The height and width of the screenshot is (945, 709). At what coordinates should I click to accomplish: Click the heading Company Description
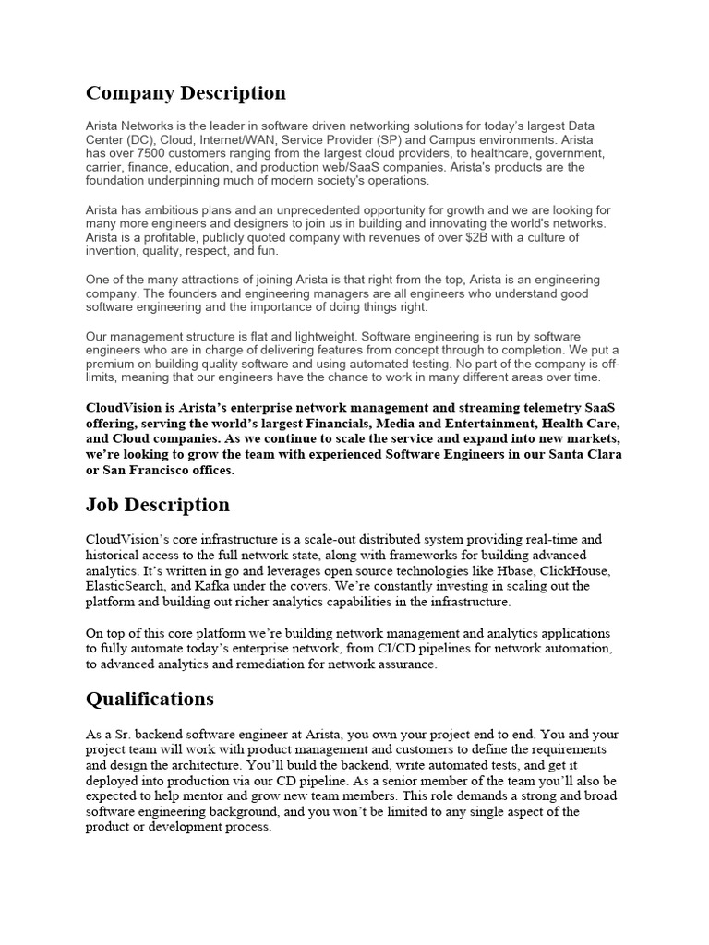[x=186, y=93]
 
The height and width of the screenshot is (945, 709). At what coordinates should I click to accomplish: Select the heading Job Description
[x=158, y=505]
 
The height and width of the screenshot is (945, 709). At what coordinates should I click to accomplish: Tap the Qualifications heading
[x=150, y=699]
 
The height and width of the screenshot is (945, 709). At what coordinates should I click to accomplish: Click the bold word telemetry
[x=518, y=407]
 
